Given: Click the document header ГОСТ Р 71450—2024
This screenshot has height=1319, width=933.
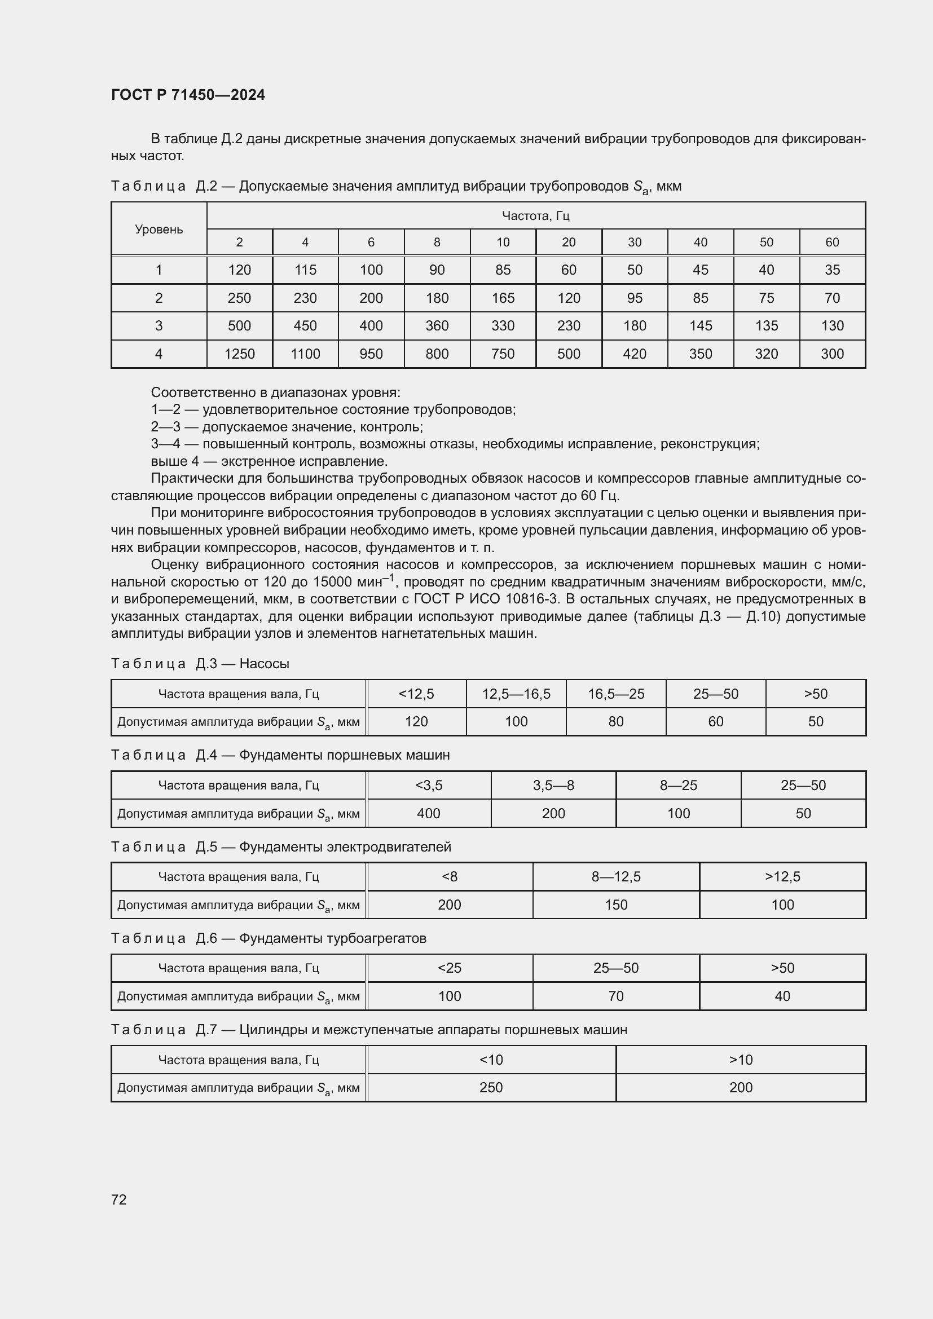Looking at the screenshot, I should tap(188, 95).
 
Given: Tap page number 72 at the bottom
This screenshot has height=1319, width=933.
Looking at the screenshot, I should tap(119, 1199).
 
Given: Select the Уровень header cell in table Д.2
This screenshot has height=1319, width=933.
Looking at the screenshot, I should tap(159, 229).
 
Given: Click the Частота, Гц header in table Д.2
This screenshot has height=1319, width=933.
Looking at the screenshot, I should tap(535, 216).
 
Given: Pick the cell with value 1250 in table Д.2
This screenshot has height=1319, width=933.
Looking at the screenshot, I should tap(239, 354).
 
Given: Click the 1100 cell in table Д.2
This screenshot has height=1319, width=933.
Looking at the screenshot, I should tap(305, 354).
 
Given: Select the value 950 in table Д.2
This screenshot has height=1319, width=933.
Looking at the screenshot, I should tap(371, 354).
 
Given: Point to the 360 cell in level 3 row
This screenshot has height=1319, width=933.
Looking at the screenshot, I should tap(437, 326).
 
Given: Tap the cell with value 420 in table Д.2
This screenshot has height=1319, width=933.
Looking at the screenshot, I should tap(634, 354).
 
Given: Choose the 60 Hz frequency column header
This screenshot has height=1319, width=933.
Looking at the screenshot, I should tap(832, 242).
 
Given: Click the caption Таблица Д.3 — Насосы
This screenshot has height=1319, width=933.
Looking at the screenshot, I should tap(200, 664).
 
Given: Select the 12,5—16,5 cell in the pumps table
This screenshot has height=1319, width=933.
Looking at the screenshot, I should tap(516, 694).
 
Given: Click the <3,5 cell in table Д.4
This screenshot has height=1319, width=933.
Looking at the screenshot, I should tap(429, 786).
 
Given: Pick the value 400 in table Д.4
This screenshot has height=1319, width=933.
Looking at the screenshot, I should tap(429, 814).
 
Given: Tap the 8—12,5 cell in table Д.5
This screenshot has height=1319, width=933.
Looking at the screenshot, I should tap(616, 877).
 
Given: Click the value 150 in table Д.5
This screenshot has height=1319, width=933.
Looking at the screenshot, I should tap(616, 905).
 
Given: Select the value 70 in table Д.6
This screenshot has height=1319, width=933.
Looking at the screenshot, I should tap(616, 996).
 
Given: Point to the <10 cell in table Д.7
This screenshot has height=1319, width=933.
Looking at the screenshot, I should tap(491, 1060).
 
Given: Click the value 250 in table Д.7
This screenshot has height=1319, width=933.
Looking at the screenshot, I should tap(491, 1087).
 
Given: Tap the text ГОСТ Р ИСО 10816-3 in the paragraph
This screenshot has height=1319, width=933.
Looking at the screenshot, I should tap(486, 599).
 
